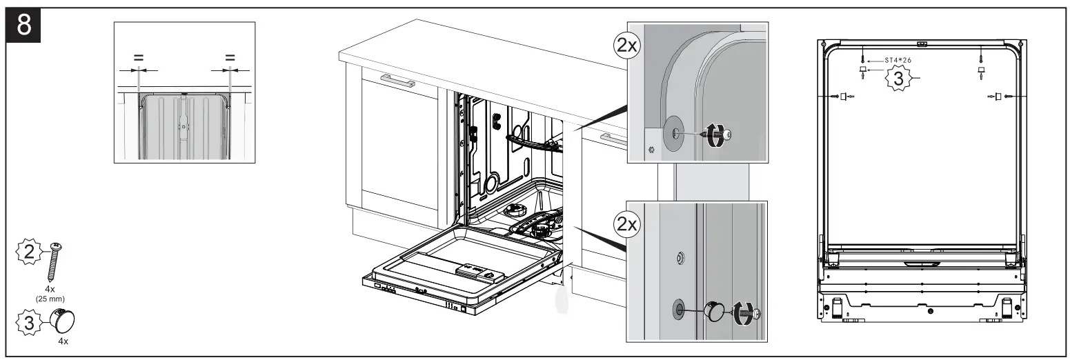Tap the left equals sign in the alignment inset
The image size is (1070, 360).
(x=139, y=58)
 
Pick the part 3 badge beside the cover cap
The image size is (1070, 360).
(x=29, y=322)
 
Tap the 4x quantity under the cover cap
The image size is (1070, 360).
(x=63, y=341)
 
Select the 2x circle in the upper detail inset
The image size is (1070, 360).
(x=627, y=46)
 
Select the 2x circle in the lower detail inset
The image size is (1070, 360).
(x=627, y=224)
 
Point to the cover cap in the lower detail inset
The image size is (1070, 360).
(x=715, y=312)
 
